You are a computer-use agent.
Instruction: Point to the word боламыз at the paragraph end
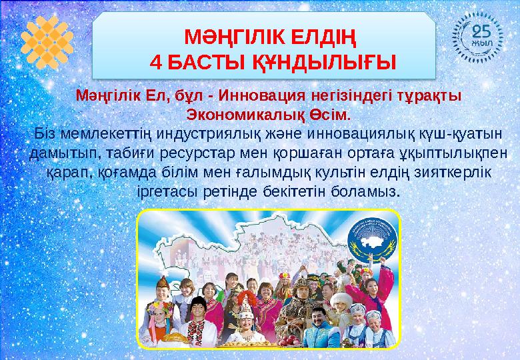click(x=367, y=191)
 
